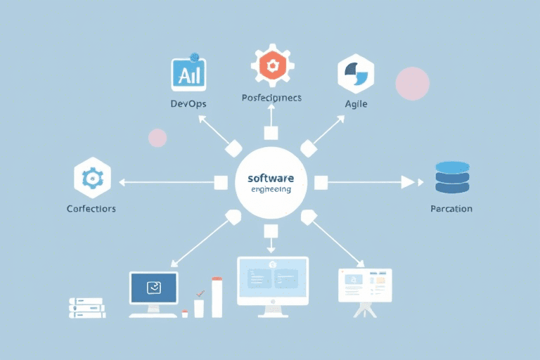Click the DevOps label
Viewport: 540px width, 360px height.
pyautogui.click(x=188, y=104)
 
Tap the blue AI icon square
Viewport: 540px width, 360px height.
pyautogui.click(x=188, y=74)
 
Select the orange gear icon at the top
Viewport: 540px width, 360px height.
pyautogui.click(x=271, y=66)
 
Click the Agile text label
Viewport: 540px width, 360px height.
pyautogui.click(x=356, y=104)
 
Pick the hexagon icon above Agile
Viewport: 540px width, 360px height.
pyautogui.click(x=355, y=73)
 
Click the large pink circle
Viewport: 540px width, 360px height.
pyautogui.click(x=413, y=84)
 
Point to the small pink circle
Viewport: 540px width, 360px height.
pyautogui.click(x=157, y=138)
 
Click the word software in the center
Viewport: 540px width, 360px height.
pyautogui.click(x=271, y=179)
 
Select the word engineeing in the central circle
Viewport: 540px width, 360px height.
pyautogui.click(x=271, y=190)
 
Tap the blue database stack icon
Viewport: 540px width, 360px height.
pyautogui.click(x=451, y=178)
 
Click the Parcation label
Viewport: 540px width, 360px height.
pyautogui.click(x=451, y=209)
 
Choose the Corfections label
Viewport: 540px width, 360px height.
pyautogui.click(x=91, y=209)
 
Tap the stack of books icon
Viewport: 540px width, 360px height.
pyautogui.click(x=87, y=307)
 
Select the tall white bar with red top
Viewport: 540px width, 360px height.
pyautogui.click(x=217, y=297)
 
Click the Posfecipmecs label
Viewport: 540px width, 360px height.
pyautogui.click(x=271, y=98)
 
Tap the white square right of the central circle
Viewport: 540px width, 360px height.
pyautogui.click(x=321, y=184)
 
